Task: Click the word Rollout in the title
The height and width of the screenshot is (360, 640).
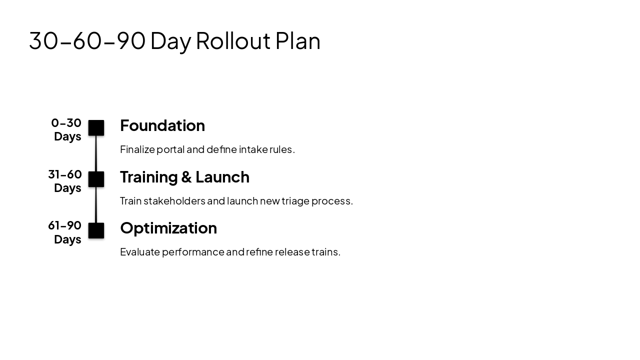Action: point(233,40)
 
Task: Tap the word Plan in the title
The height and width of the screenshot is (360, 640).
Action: point(297,40)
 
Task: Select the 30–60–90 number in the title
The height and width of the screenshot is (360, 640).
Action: point(87,40)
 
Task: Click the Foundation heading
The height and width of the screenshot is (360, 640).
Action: point(162,125)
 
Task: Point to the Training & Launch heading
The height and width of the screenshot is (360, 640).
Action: point(184,177)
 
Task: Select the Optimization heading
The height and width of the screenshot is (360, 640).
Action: point(168,228)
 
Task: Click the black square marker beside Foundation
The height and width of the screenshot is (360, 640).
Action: point(96,128)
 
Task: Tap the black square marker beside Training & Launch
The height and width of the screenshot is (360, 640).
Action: point(96,179)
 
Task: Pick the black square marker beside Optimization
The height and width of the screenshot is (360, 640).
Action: point(96,230)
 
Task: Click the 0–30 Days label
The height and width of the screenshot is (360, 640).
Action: point(67,129)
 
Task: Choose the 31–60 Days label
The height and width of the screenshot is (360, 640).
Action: point(65,181)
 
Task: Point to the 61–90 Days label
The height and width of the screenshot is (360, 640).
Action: point(65,232)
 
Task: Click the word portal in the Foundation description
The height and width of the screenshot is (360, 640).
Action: point(170,149)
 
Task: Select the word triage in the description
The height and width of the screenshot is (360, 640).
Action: point(295,201)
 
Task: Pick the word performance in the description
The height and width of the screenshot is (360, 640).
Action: point(193,252)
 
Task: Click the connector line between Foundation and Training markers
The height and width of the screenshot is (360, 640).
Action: point(96,153)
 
